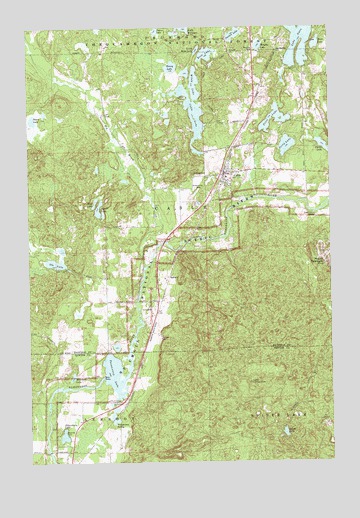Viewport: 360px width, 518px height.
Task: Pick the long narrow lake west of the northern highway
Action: pos(188,100)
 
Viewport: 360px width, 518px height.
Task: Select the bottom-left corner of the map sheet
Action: pos(33,464)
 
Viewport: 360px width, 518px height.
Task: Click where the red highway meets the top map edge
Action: pos(262,27)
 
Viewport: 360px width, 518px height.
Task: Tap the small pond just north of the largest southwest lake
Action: pos(118,349)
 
